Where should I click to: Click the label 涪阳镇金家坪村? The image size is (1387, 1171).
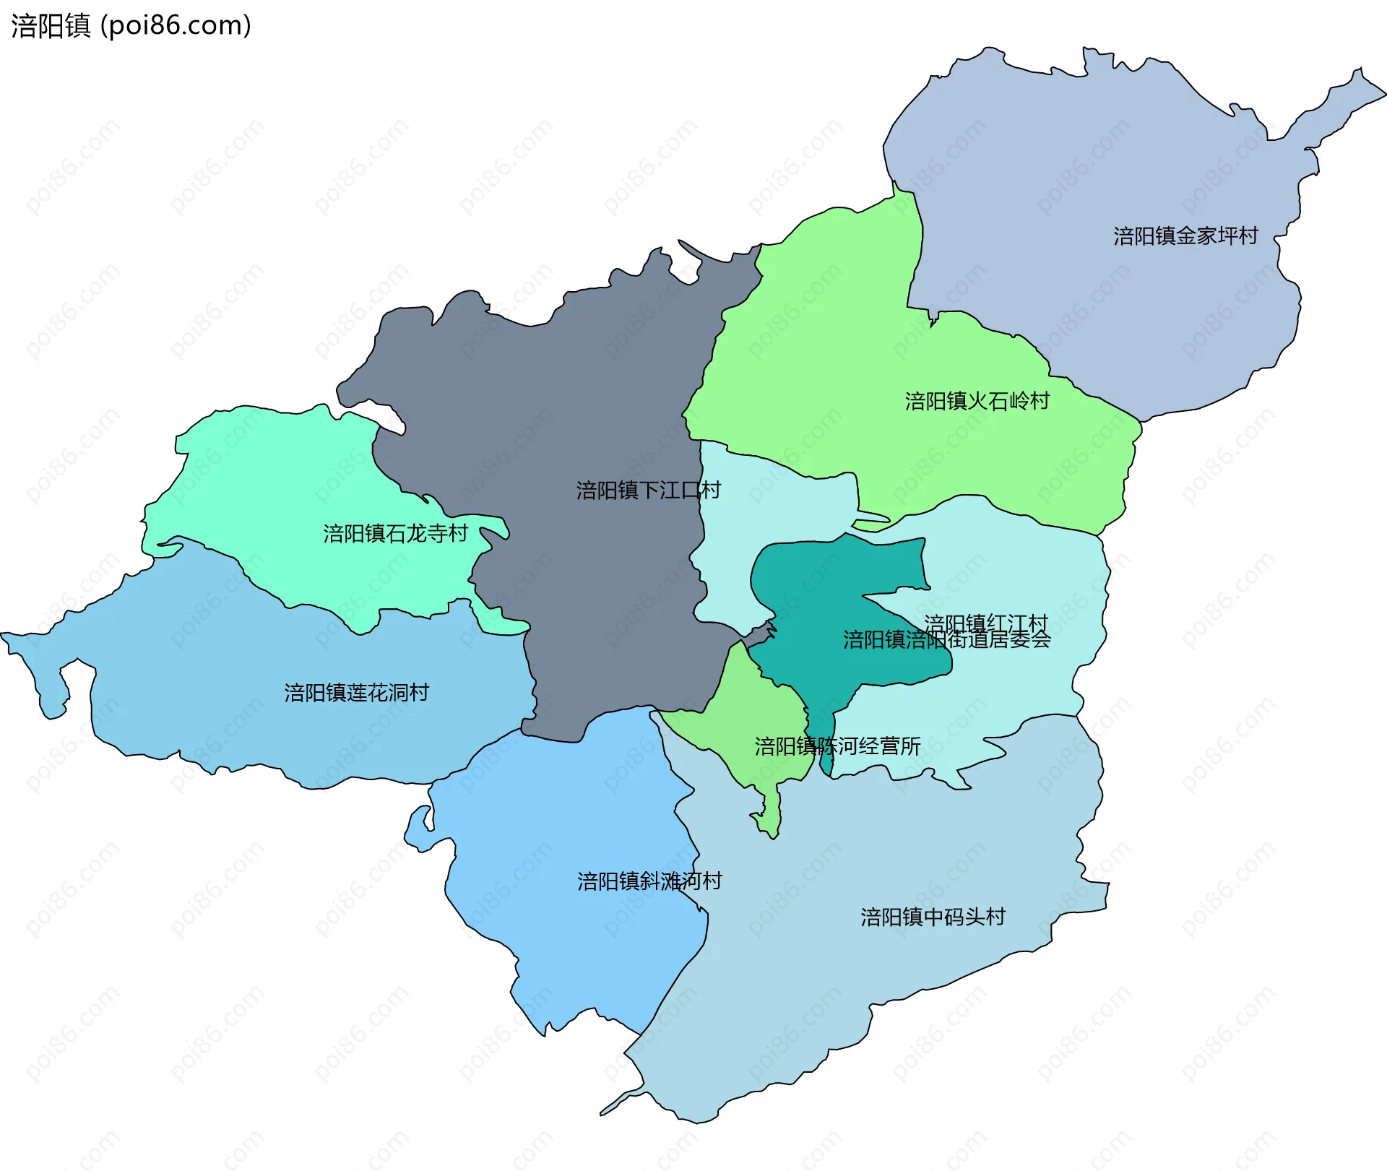coord(1185,236)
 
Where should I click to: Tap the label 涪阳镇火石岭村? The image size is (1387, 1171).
coord(977,401)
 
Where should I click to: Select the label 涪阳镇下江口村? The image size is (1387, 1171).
coord(648,491)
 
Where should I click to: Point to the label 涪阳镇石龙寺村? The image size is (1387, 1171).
coord(395,534)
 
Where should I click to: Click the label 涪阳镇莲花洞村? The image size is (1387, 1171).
coord(356,693)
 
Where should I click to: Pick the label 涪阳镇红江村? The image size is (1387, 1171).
coord(985,623)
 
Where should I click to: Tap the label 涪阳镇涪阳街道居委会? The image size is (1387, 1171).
coord(946,640)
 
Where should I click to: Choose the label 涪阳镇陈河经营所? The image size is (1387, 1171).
coord(837,746)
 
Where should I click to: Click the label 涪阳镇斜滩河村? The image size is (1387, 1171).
coord(649,881)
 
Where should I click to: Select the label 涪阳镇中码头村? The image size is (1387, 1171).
coord(933,917)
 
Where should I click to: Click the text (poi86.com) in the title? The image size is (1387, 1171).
coord(176,25)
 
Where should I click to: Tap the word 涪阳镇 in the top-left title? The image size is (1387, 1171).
coord(51,25)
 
